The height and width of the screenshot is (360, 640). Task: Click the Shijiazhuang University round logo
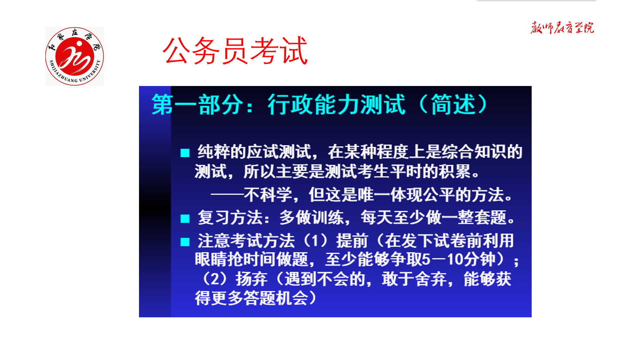[x=75, y=56]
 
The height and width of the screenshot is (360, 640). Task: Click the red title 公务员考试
[x=235, y=51]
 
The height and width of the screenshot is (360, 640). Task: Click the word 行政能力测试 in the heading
[x=336, y=105]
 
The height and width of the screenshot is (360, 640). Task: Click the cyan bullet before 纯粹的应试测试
[x=185, y=153]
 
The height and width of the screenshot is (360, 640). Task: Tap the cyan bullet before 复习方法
[x=185, y=219]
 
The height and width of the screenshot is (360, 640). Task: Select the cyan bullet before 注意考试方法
[x=185, y=242]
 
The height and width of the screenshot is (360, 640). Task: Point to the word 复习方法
[x=230, y=218]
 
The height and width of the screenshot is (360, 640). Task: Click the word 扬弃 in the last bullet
[x=252, y=279]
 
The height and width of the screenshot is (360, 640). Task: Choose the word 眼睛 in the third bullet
[x=211, y=259]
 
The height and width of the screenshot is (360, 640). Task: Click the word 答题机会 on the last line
[x=276, y=298]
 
